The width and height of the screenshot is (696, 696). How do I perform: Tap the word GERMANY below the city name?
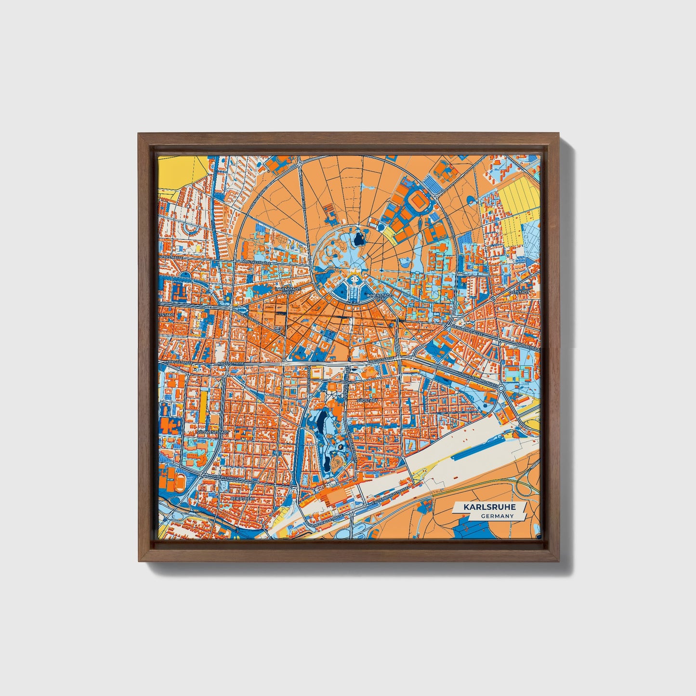tap(497, 516)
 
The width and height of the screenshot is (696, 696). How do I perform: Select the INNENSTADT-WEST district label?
tap(288, 290)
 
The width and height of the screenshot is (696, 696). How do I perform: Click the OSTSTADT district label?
tap(521, 292)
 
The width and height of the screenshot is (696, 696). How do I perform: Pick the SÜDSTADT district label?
tap(367, 400)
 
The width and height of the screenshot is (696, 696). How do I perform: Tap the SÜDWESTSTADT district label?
tap(211, 433)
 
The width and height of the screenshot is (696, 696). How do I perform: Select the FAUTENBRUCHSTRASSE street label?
tap(390, 496)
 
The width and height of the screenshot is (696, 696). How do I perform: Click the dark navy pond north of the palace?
tap(358, 237)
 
